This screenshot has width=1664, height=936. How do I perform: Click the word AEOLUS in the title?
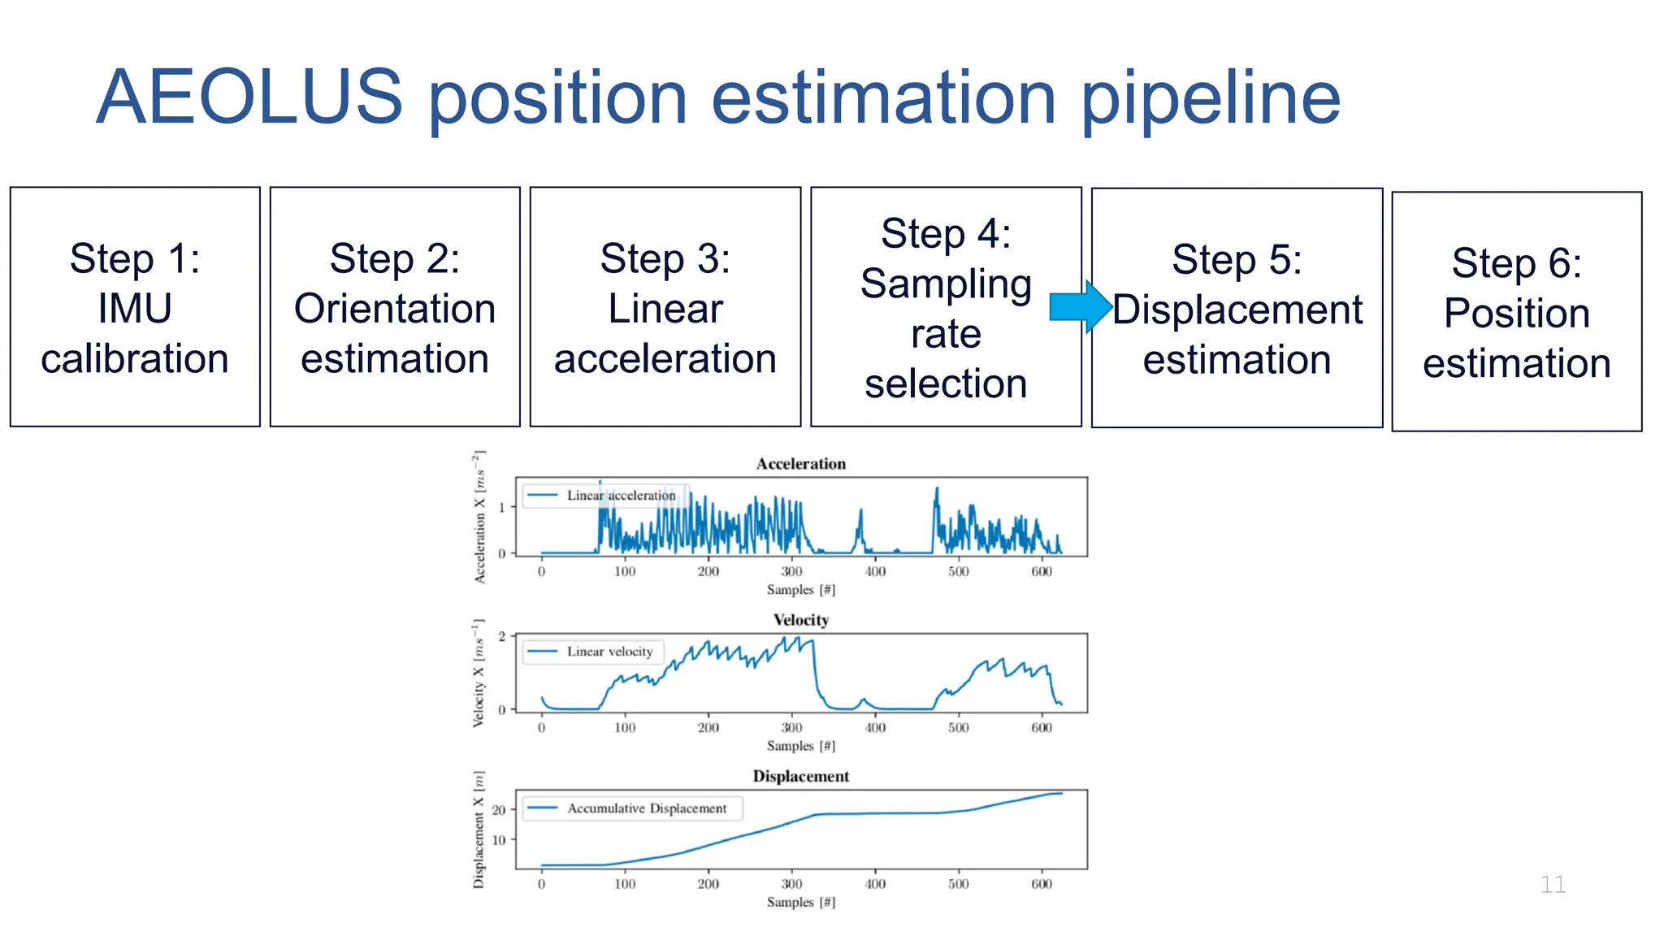[x=249, y=97]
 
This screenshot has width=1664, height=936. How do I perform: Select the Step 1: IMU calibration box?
[x=135, y=307]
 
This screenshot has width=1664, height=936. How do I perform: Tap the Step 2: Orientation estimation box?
[x=395, y=307]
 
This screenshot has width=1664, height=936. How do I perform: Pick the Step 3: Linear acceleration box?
[x=665, y=307]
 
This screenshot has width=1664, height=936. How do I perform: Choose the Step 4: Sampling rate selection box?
[x=946, y=307]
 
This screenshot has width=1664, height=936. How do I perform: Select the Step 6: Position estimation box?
[x=1516, y=312]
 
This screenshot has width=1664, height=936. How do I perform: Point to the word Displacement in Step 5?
[x=1237, y=310]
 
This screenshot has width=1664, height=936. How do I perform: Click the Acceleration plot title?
[x=800, y=464]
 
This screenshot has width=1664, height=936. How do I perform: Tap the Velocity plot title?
[x=800, y=620]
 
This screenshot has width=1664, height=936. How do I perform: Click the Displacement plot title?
[x=800, y=776]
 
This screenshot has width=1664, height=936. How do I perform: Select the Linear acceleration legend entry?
[x=620, y=496]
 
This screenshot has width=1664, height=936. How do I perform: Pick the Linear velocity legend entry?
[x=609, y=652]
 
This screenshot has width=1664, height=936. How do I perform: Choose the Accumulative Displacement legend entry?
[x=646, y=808]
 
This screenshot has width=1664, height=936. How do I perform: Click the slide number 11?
[x=1553, y=884]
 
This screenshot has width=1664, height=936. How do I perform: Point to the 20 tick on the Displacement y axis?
[x=499, y=810]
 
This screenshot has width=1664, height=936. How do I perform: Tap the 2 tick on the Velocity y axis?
[x=502, y=636]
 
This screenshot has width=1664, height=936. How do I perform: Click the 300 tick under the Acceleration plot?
[x=791, y=571]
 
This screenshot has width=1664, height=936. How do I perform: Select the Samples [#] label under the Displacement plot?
[x=800, y=902]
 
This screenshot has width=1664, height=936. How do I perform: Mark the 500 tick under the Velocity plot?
[x=958, y=728]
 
